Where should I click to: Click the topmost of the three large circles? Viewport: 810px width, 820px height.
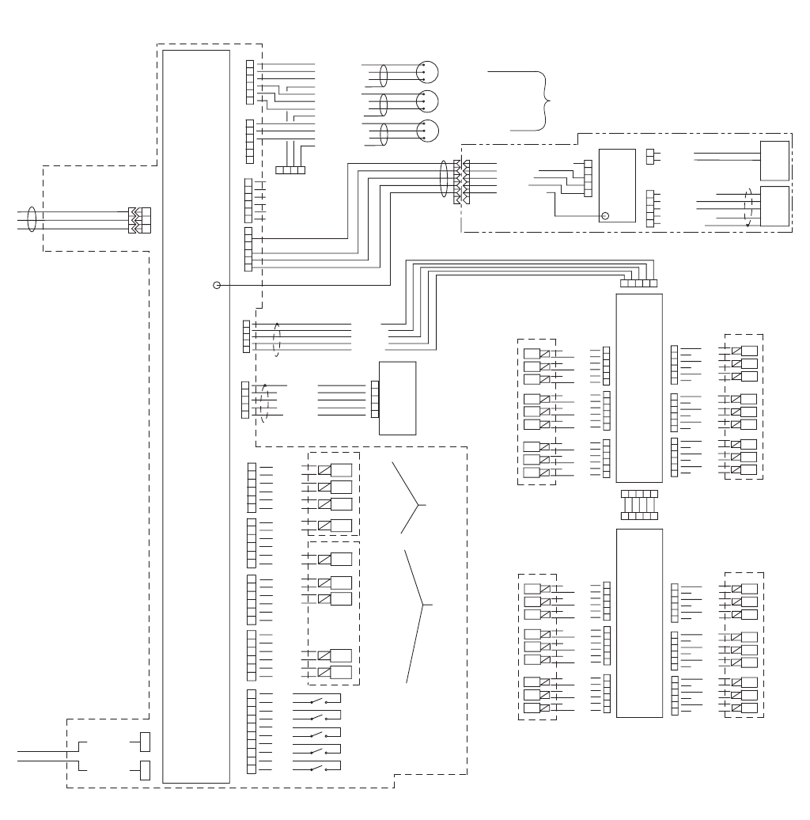click(x=427, y=72)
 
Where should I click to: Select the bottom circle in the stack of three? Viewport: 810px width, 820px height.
click(x=427, y=130)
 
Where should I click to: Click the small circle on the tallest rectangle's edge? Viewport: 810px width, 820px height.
click(x=217, y=284)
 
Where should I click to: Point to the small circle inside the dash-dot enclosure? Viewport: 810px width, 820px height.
click(x=606, y=215)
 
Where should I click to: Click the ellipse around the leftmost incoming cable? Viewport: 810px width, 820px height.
click(x=31, y=219)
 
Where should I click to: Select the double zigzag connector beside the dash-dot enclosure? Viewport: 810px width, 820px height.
click(x=460, y=183)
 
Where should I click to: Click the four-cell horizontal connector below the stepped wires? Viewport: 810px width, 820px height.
click(x=290, y=169)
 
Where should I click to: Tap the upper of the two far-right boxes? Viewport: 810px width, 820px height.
click(x=774, y=161)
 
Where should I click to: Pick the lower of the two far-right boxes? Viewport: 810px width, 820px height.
click(x=774, y=207)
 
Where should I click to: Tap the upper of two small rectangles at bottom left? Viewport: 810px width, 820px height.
click(x=145, y=742)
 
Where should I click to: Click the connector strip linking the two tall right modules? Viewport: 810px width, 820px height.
click(x=639, y=504)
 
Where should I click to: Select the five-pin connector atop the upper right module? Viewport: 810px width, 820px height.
click(x=639, y=282)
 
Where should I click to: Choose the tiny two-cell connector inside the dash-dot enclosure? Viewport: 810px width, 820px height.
click(x=653, y=156)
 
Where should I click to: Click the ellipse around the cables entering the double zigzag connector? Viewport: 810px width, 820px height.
click(x=445, y=177)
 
